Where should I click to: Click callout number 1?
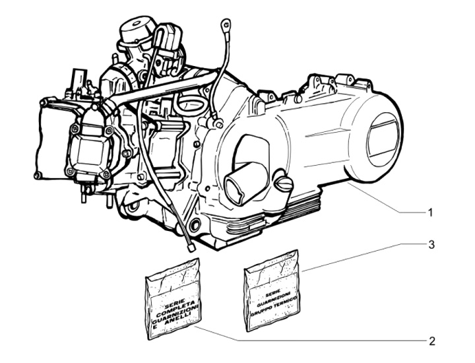point(429,213)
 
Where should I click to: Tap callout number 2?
point(432,341)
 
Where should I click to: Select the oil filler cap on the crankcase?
point(283,183)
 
